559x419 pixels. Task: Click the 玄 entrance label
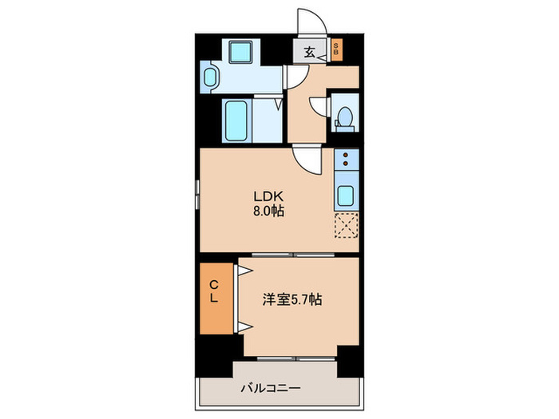(x=309, y=53)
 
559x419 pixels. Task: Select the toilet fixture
(x=345, y=116)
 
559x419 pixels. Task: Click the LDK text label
(x=266, y=197)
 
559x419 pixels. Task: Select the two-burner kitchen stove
(x=347, y=160)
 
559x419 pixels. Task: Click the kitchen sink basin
(x=347, y=195)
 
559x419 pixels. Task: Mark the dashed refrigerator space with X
(x=347, y=226)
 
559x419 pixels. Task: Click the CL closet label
(x=214, y=292)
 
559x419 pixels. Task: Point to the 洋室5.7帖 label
(x=294, y=300)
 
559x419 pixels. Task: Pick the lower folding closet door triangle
(x=245, y=325)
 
